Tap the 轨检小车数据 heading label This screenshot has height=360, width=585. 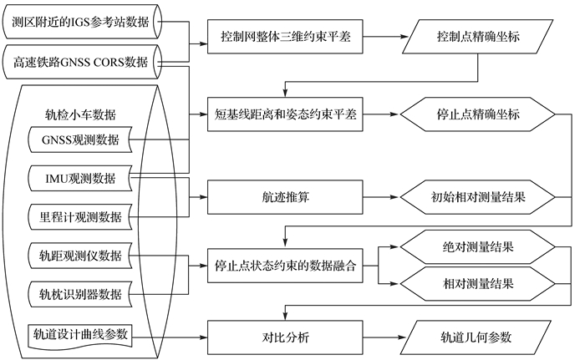(x=80, y=114)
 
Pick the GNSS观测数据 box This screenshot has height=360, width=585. (x=80, y=140)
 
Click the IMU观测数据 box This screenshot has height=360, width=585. (x=80, y=179)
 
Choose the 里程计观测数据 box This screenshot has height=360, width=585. (x=80, y=216)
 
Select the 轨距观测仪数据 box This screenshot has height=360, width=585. (x=80, y=255)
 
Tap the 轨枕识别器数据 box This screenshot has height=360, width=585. (x=80, y=293)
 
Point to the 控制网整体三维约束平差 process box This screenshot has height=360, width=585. (x=285, y=38)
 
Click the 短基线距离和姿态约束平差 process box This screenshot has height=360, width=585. (x=285, y=115)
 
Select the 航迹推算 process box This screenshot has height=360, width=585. (x=285, y=199)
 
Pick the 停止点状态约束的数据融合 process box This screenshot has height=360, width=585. (x=285, y=267)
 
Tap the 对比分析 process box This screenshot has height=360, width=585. (x=285, y=338)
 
